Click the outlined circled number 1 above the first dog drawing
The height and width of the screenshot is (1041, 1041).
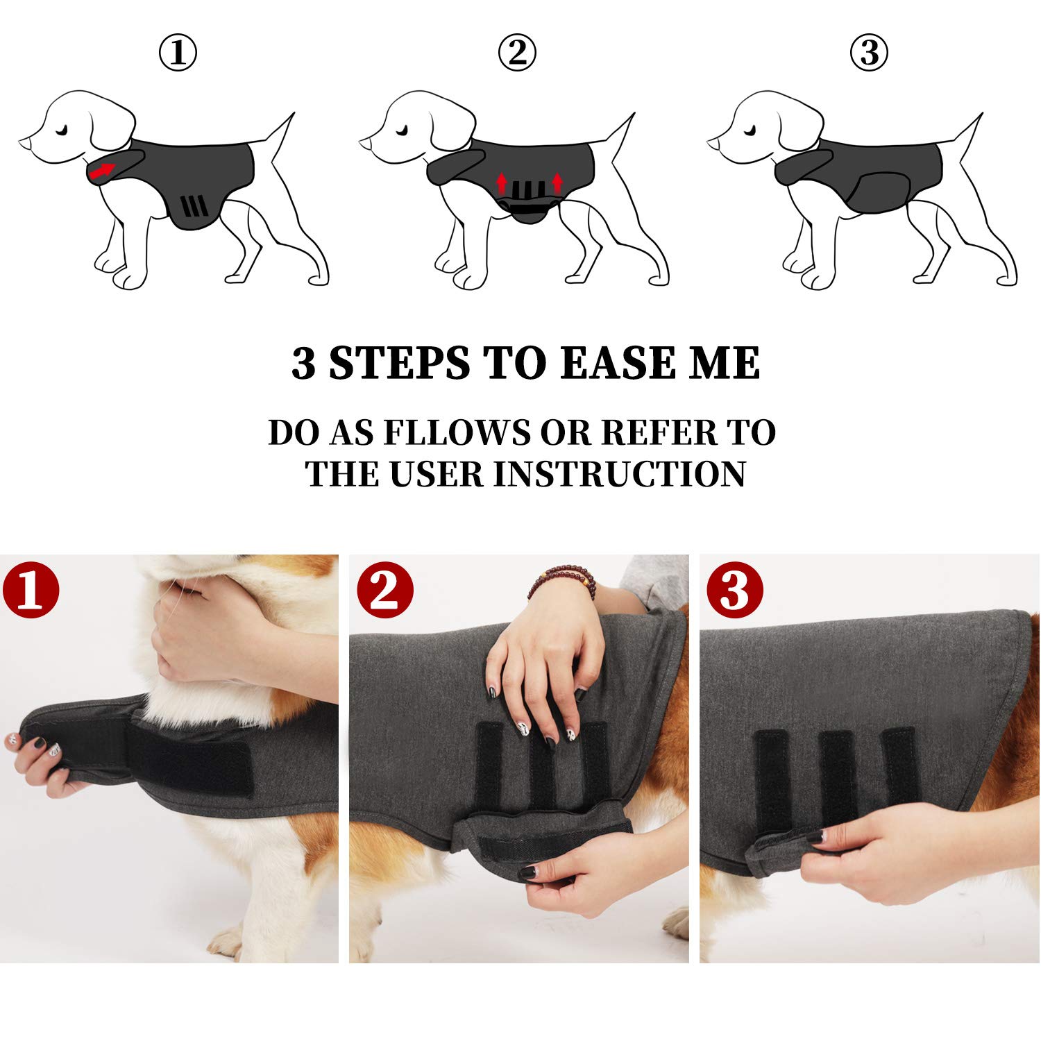click(178, 53)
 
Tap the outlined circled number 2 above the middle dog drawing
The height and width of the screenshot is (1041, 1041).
click(517, 53)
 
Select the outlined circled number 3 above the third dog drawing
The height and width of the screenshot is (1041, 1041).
click(869, 53)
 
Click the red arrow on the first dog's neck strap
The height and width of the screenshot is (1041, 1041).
click(101, 171)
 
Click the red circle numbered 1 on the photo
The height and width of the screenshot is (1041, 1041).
click(31, 590)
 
